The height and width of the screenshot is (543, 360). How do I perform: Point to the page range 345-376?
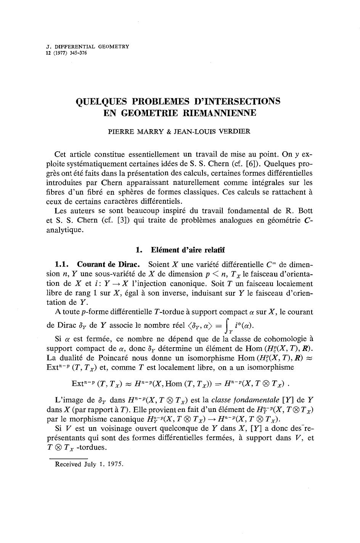pos(76,53)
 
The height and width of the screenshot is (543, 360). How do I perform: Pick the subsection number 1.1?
pos(62,264)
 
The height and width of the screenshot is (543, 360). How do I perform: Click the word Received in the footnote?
pos(68,464)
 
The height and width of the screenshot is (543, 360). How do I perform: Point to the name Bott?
pos(304,211)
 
